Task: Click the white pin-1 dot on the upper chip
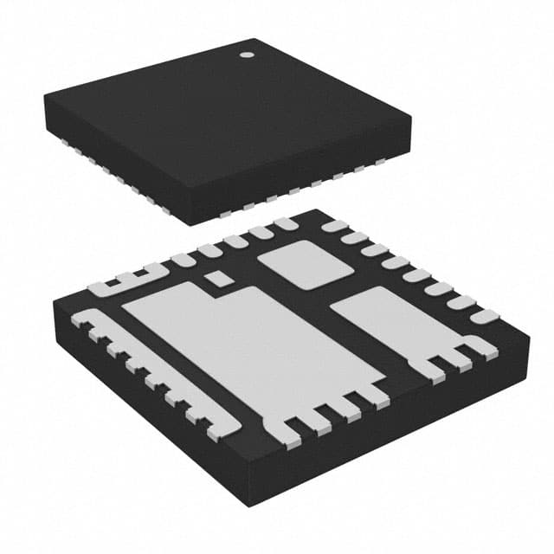[x=245, y=55]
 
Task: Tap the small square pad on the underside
[x=219, y=278]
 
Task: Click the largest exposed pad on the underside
[x=251, y=346]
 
